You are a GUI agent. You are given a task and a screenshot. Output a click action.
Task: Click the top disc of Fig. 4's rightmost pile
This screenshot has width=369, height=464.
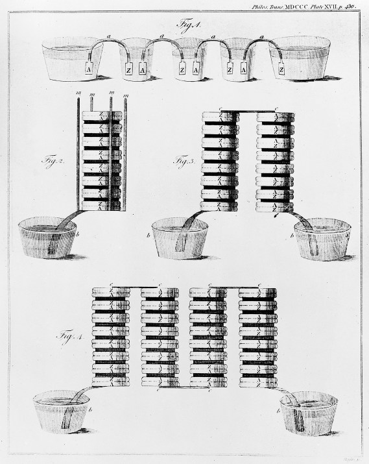256,291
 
